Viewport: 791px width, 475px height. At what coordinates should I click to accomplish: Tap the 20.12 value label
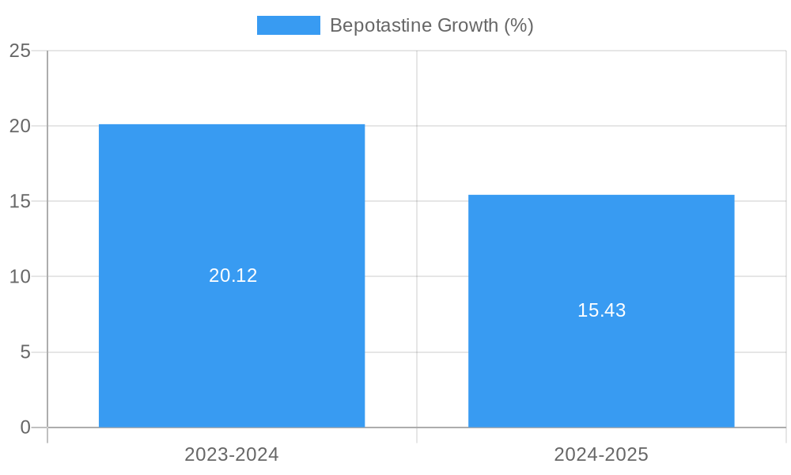(x=233, y=275)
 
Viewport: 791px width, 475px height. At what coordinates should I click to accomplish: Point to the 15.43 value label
(x=601, y=310)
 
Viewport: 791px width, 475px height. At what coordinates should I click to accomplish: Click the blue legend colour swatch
(x=288, y=25)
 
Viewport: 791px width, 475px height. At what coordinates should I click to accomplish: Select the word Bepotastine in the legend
(x=373, y=25)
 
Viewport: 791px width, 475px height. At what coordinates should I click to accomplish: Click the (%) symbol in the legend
(x=519, y=25)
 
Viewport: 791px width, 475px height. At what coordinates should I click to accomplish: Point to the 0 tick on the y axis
(x=25, y=427)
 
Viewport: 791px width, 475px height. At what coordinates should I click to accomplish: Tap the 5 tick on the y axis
(x=25, y=352)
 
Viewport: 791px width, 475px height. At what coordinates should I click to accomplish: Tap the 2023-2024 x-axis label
(x=232, y=454)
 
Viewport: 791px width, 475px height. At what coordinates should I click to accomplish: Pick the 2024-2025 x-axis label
(x=601, y=454)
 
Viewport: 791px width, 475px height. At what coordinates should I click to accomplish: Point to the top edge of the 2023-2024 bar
(x=232, y=124)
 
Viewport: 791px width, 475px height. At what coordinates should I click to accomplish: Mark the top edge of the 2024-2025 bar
(x=601, y=195)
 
